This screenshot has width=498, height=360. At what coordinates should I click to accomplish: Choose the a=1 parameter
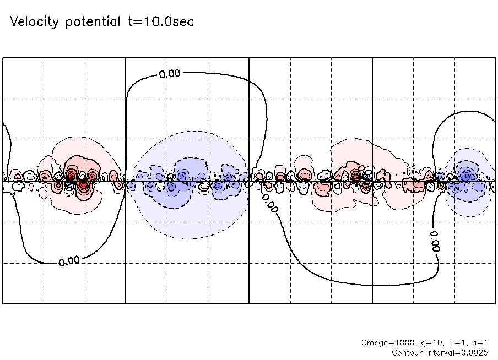point(478,342)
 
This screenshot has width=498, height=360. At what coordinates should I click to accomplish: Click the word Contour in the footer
point(408,352)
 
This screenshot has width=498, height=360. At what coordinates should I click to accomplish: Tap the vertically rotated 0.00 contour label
point(434,240)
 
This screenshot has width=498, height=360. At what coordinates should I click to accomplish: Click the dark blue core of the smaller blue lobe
point(467,176)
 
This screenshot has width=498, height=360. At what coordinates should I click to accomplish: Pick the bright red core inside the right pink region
point(356,177)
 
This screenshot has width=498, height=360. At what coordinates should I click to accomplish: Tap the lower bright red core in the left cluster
point(83,186)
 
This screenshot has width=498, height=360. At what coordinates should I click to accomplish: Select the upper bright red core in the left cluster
point(71,176)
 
